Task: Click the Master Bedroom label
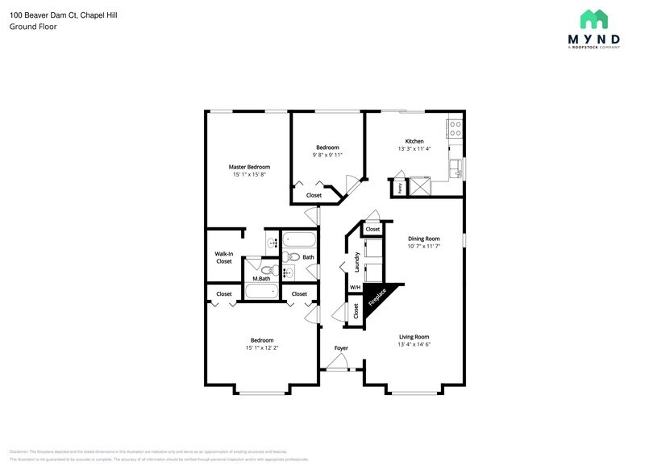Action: [x=248, y=167]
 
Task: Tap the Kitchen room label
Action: [x=414, y=141]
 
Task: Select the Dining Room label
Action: [x=423, y=239]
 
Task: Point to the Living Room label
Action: [x=413, y=337]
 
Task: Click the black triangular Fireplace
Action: [x=374, y=297]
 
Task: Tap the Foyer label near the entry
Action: [x=342, y=348]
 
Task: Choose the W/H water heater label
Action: [x=354, y=288]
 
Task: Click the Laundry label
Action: [x=356, y=261]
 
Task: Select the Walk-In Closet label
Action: [x=223, y=257]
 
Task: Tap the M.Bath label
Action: [x=260, y=279]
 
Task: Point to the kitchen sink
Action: [x=457, y=168]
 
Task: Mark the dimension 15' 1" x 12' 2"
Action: [x=261, y=348]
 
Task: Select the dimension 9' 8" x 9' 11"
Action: [x=327, y=155]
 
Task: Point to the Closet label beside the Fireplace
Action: [x=356, y=310]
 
